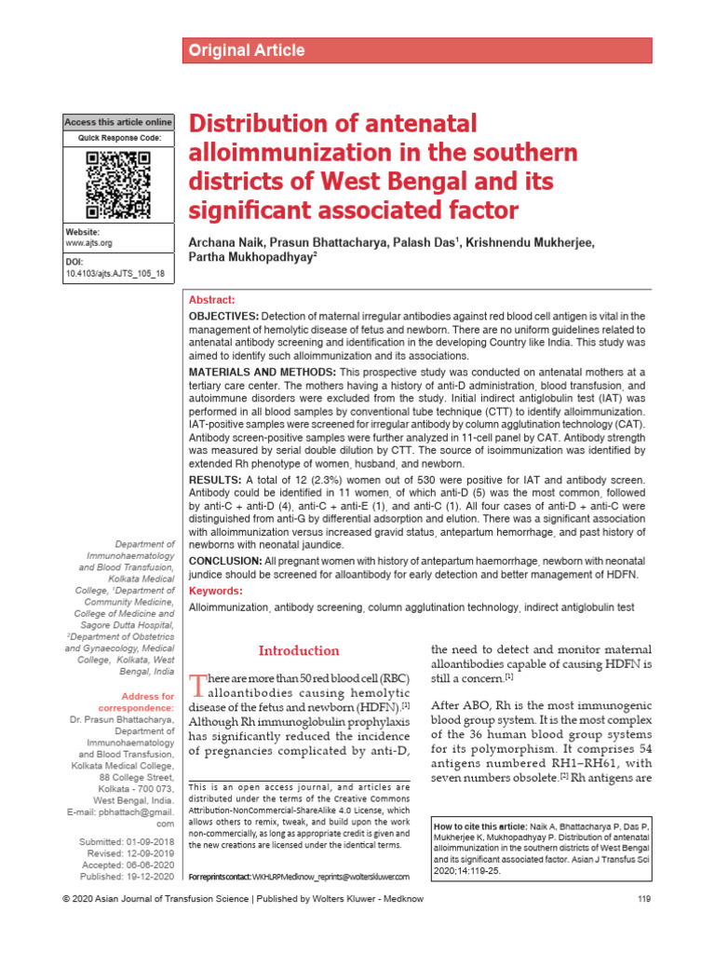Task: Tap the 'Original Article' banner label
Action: click(x=247, y=50)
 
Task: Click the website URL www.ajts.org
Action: click(x=88, y=242)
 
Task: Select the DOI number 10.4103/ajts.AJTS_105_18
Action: click(x=115, y=274)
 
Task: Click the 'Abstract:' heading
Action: click(x=212, y=300)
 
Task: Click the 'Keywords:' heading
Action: click(x=216, y=591)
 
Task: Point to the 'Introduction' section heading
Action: click(x=298, y=650)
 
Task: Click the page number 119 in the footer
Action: click(x=641, y=924)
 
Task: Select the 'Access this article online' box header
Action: click(x=118, y=122)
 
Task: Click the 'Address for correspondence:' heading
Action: click(x=148, y=702)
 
